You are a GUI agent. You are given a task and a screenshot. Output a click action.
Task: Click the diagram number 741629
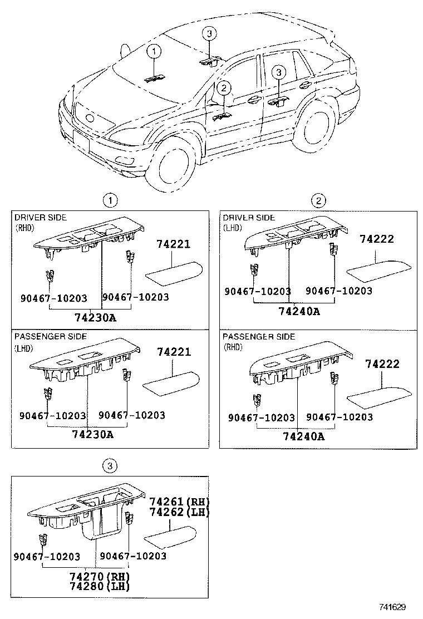(x=392, y=607)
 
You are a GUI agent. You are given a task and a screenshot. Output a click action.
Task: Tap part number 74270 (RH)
(x=100, y=576)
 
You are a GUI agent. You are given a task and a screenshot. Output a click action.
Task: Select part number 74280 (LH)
(x=100, y=586)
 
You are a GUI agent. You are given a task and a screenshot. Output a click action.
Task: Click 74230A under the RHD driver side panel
(x=96, y=317)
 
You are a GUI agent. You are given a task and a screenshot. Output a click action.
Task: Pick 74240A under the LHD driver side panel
(x=299, y=311)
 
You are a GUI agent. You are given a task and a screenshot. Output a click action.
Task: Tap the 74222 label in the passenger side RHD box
(x=382, y=363)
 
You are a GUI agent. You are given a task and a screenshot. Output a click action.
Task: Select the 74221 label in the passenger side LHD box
(x=174, y=351)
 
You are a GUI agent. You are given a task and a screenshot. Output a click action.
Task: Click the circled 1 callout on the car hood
(x=154, y=51)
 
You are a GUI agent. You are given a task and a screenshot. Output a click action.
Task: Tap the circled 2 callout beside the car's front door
(x=224, y=87)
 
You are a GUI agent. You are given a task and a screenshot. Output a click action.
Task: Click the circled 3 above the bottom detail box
(x=110, y=466)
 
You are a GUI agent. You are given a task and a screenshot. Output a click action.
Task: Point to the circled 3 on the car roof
(x=209, y=33)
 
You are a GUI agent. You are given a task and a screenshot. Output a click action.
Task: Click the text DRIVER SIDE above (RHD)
(x=41, y=218)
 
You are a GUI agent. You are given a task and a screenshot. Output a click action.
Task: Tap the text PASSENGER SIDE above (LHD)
(x=51, y=336)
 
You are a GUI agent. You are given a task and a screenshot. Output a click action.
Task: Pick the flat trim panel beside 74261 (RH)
(x=170, y=537)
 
